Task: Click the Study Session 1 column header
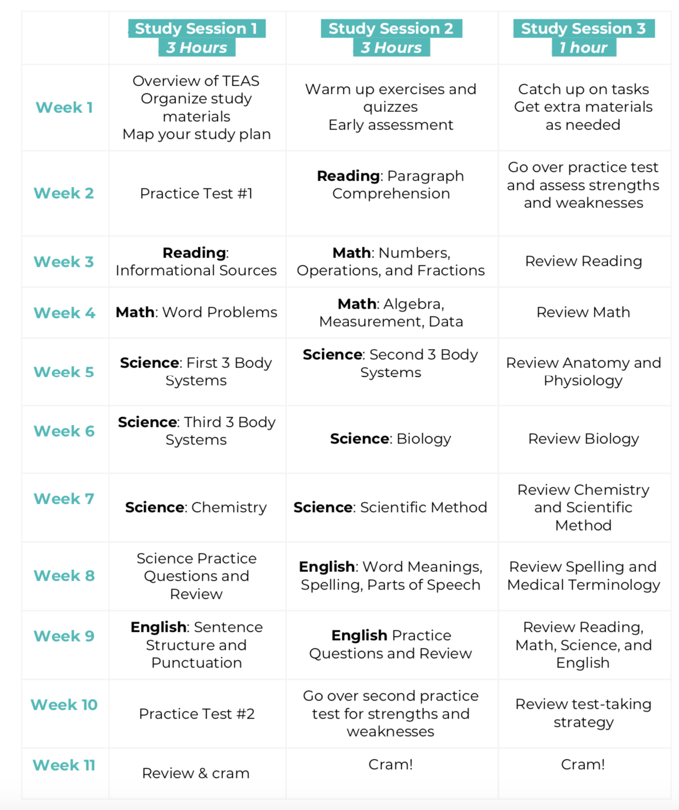196,28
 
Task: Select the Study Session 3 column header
583,28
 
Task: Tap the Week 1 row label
64,107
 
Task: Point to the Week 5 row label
64,372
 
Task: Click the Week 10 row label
64,705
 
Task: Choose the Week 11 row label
64,765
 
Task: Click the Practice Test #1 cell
196,194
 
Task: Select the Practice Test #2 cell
197,714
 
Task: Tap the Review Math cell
583,312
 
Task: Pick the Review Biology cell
583,439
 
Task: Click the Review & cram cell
196,773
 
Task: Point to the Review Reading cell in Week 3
583,261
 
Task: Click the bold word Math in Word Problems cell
135,312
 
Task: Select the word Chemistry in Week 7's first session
229,507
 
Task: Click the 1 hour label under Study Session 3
583,48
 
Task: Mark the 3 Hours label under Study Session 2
391,48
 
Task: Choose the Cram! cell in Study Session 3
583,765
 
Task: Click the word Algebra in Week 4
414,304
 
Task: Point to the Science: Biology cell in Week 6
390,439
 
